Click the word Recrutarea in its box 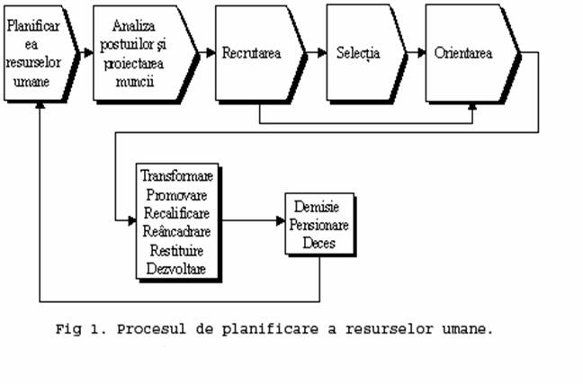pyautogui.click(x=252, y=53)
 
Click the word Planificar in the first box pyautogui.click(x=33, y=26)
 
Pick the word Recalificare pyautogui.click(x=178, y=203)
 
